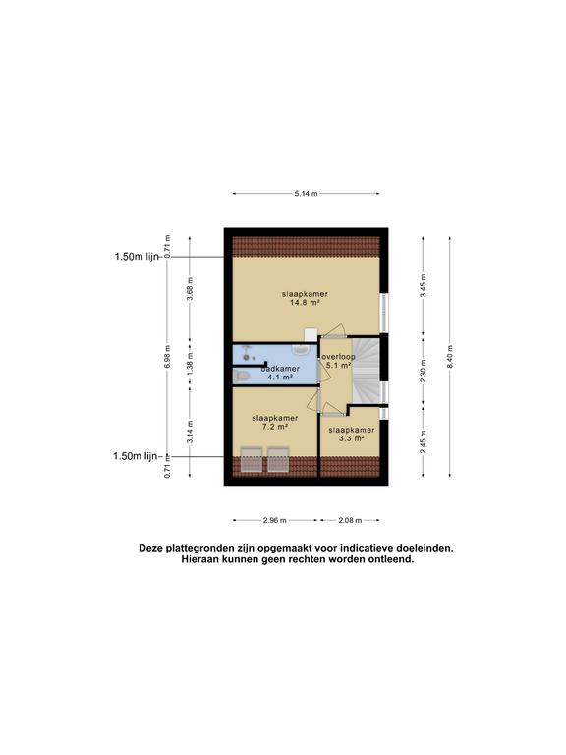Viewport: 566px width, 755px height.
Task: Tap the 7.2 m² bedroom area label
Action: [x=275, y=427]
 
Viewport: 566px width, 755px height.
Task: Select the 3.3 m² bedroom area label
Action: [x=351, y=438]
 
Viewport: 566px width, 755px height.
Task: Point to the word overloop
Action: [x=338, y=357]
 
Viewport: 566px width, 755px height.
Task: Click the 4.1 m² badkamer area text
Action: [x=280, y=377]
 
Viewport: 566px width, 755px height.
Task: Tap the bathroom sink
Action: [x=302, y=349]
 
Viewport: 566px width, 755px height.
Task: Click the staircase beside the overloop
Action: [x=367, y=371]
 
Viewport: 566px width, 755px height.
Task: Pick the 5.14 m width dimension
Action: [x=307, y=194]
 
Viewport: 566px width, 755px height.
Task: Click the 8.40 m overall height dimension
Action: [x=450, y=356]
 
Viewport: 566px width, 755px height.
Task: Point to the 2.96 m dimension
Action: [x=275, y=520]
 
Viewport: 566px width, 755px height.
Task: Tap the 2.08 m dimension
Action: [x=350, y=520]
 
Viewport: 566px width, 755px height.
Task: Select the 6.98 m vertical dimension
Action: [x=167, y=357]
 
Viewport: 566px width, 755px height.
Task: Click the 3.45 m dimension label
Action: [x=424, y=285]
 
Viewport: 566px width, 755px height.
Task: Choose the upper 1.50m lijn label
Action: [x=137, y=257]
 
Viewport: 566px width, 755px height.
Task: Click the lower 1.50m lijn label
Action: [x=136, y=456]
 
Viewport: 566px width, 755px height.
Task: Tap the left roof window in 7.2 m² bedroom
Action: [x=252, y=460]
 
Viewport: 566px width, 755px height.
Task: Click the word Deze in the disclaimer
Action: [x=151, y=548]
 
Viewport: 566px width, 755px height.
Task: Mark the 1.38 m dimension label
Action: [x=190, y=365]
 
